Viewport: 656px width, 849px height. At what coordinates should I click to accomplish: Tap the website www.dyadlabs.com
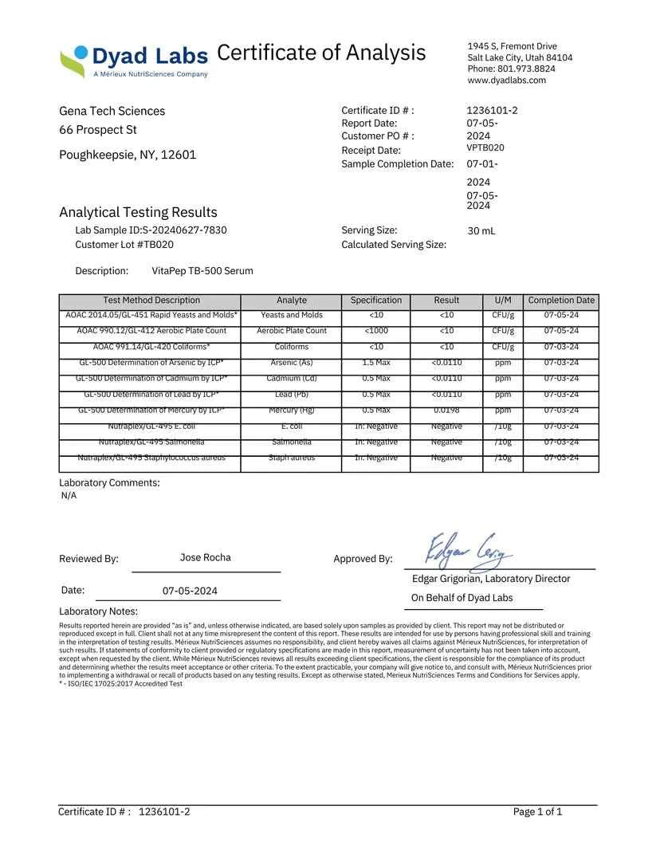[x=506, y=80]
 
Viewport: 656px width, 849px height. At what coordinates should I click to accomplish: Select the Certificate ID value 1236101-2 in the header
[x=492, y=110]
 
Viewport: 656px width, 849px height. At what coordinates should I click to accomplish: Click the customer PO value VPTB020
[x=485, y=147]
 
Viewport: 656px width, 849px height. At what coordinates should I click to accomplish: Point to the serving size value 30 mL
[x=481, y=231]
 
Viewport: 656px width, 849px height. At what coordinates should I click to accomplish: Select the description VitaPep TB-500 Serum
[x=202, y=271]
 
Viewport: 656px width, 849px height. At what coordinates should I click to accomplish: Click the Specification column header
[x=375, y=301]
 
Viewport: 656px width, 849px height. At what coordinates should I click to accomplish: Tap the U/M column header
[x=503, y=301]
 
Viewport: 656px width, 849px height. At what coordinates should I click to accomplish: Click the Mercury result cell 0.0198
[x=446, y=410]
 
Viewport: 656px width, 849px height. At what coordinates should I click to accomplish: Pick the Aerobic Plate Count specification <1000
[x=376, y=330]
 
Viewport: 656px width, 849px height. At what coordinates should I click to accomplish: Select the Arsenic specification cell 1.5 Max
[x=376, y=362]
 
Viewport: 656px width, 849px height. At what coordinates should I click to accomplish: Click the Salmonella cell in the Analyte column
[x=291, y=442]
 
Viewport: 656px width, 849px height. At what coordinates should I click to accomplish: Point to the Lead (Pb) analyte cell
[x=291, y=394]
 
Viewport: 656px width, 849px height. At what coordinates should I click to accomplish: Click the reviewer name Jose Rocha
[x=206, y=557]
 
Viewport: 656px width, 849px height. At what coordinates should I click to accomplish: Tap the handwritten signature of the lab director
[x=469, y=549]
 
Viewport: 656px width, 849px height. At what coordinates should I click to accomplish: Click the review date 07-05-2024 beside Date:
[x=190, y=592]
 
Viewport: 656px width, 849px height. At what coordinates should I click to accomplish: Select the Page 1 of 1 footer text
[x=537, y=812]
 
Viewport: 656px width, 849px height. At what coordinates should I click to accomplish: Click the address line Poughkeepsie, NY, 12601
[x=128, y=155]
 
